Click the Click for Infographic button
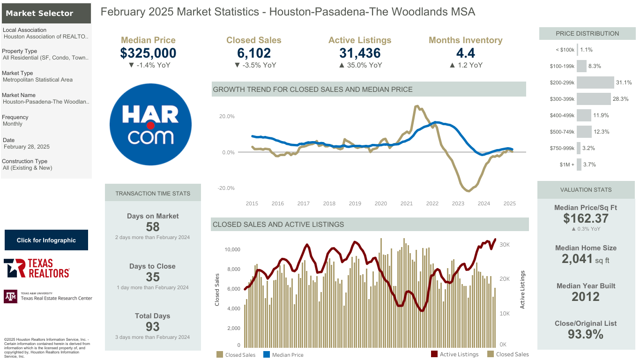pyautogui.click(x=46, y=240)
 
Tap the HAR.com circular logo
pyautogui.click(x=150, y=124)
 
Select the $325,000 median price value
pyautogui.click(x=148, y=53)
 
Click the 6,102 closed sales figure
pyautogui.click(x=254, y=53)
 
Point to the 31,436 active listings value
pyautogui.click(x=360, y=53)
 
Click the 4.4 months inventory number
pyautogui.click(x=465, y=53)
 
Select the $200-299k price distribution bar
pyautogui.click(x=595, y=82)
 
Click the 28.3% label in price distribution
pyautogui.click(x=621, y=99)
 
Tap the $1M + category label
pyautogui.click(x=567, y=165)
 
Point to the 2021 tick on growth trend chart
pyautogui.click(x=406, y=203)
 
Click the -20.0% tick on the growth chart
pyautogui.click(x=226, y=188)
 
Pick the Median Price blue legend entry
pyautogui.click(x=283, y=354)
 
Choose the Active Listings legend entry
pyautogui.click(x=454, y=354)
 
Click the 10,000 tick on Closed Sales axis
pyautogui.click(x=232, y=249)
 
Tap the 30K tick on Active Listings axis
pyautogui.click(x=505, y=245)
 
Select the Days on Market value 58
pyautogui.click(x=153, y=227)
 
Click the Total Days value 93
pyautogui.click(x=153, y=327)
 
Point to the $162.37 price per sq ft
pyautogui.click(x=586, y=218)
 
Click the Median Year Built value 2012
pyautogui.click(x=586, y=297)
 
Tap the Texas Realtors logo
pyautogui.click(x=37, y=268)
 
